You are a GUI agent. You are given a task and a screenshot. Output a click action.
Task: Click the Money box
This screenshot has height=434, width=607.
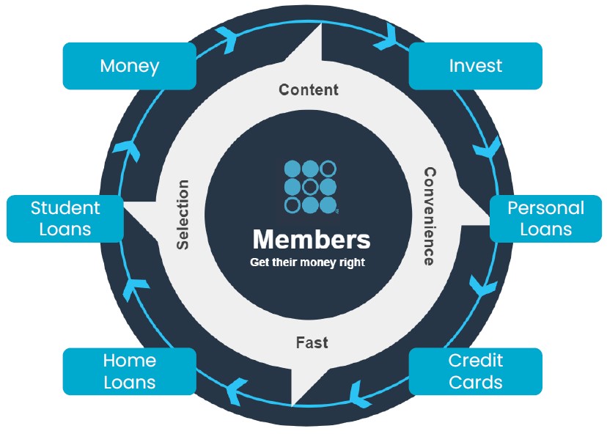pos(129,66)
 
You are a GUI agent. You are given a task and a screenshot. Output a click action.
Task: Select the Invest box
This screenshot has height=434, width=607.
pos(475,66)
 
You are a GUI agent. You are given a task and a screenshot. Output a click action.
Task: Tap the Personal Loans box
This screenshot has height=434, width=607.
pos(545,218)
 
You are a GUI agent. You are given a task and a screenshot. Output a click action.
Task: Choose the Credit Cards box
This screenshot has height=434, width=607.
pos(475,371)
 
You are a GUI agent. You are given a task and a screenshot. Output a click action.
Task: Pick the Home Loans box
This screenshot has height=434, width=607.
pos(129,371)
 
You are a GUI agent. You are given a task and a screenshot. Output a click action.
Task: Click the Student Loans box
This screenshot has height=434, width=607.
pos(65,218)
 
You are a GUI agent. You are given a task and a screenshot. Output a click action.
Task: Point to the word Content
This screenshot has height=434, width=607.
pos(309,90)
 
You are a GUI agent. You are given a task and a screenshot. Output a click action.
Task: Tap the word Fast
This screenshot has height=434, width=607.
pos(312,342)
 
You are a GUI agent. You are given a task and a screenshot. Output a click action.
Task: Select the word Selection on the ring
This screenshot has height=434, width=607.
pos(183,214)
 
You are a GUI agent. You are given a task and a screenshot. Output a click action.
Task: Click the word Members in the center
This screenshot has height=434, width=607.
pos(312,240)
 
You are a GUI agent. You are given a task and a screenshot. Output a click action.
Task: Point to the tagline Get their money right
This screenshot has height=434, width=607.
pos(307,262)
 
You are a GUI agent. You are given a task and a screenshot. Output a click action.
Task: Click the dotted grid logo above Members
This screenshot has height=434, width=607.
pos(310,187)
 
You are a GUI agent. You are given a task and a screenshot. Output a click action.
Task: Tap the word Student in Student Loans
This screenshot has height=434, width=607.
pos(65,208)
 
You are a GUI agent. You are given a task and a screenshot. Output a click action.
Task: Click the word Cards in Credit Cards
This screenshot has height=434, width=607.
pos(475,382)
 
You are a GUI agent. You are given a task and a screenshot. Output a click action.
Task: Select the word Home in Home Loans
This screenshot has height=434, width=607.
pos(129,361)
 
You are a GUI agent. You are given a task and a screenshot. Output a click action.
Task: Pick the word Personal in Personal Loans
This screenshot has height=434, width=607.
pos(545,208)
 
